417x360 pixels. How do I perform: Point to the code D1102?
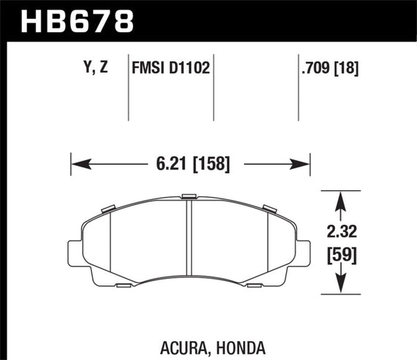click(x=191, y=70)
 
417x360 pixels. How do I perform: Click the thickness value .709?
click(x=316, y=70)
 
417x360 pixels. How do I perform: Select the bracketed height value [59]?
click(x=342, y=258)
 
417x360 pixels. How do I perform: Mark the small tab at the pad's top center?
click(x=189, y=196)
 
